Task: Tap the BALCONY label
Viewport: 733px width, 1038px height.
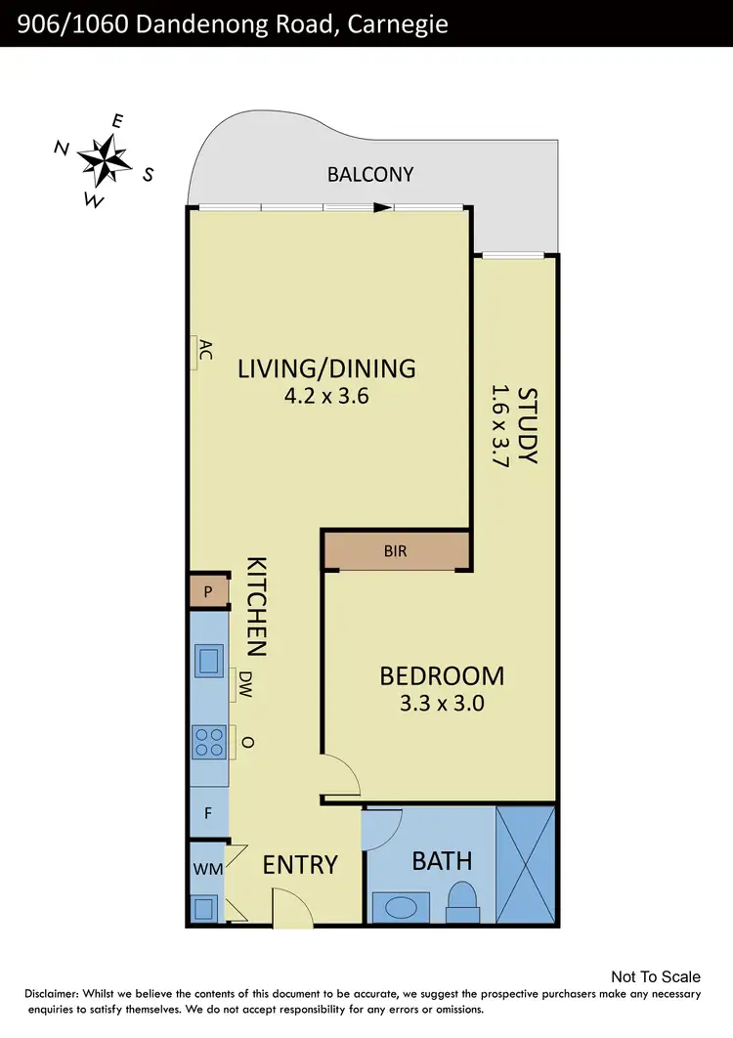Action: [370, 175]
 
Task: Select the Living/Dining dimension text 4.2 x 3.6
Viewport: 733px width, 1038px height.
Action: [326, 397]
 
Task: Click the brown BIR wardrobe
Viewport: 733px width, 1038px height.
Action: [396, 552]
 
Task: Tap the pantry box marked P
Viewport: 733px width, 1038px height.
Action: [207, 592]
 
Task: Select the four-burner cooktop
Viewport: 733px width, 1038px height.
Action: [208, 741]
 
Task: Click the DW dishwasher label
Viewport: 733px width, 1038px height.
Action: [245, 684]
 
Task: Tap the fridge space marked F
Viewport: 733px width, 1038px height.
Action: [207, 812]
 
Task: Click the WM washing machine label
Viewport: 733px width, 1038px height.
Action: [205, 868]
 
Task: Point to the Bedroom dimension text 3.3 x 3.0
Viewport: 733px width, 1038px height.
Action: [442, 702]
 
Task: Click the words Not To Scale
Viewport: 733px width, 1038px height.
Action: [655, 976]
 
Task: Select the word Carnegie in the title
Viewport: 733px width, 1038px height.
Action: [396, 23]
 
